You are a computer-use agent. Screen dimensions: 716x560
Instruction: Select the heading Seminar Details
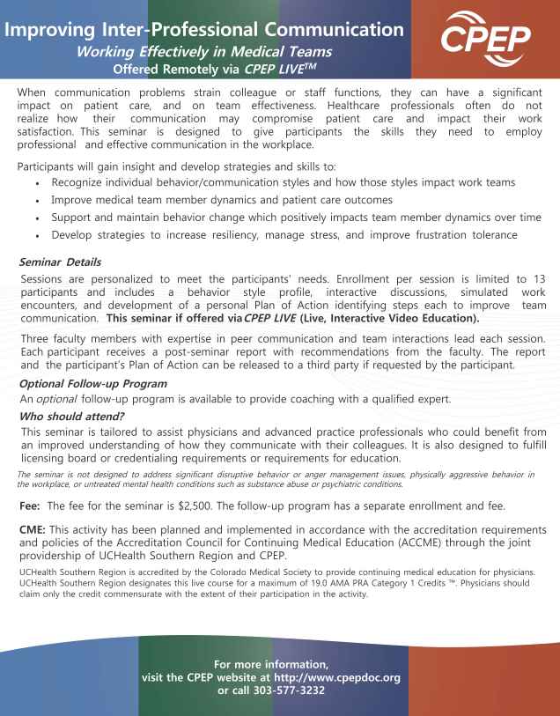click(57, 262)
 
